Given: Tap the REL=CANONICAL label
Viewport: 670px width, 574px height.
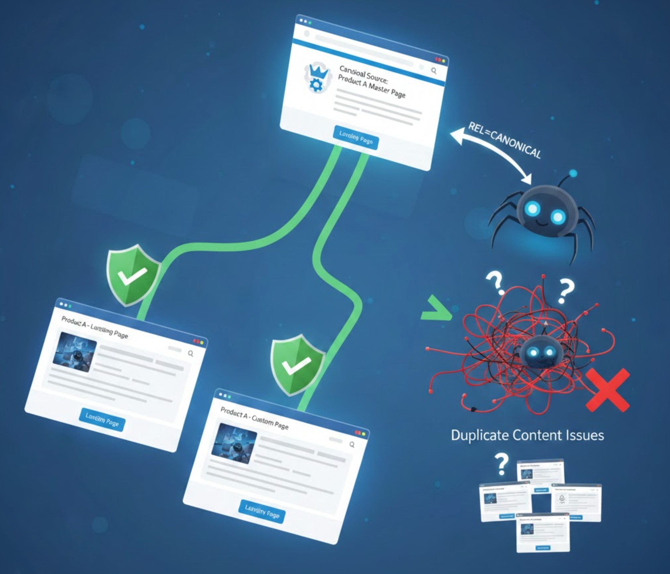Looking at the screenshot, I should click(504, 140).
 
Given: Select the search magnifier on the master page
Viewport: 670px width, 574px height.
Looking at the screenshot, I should click(434, 71).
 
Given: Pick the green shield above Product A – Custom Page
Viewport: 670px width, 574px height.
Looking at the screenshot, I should click(296, 364).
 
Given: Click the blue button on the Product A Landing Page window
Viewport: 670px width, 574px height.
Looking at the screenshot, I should click(102, 419).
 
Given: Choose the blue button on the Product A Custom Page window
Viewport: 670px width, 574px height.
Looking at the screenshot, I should click(262, 512).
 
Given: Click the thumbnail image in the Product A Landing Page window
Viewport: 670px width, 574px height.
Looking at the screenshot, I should click(75, 352).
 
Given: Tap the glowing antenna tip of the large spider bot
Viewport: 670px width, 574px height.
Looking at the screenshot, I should click(573, 173).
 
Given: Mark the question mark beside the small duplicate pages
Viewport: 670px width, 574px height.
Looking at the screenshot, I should click(502, 464).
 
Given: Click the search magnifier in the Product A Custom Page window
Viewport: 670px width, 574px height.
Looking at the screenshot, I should click(352, 445).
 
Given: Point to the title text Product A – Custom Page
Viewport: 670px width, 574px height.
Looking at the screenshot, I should click(254, 418).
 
